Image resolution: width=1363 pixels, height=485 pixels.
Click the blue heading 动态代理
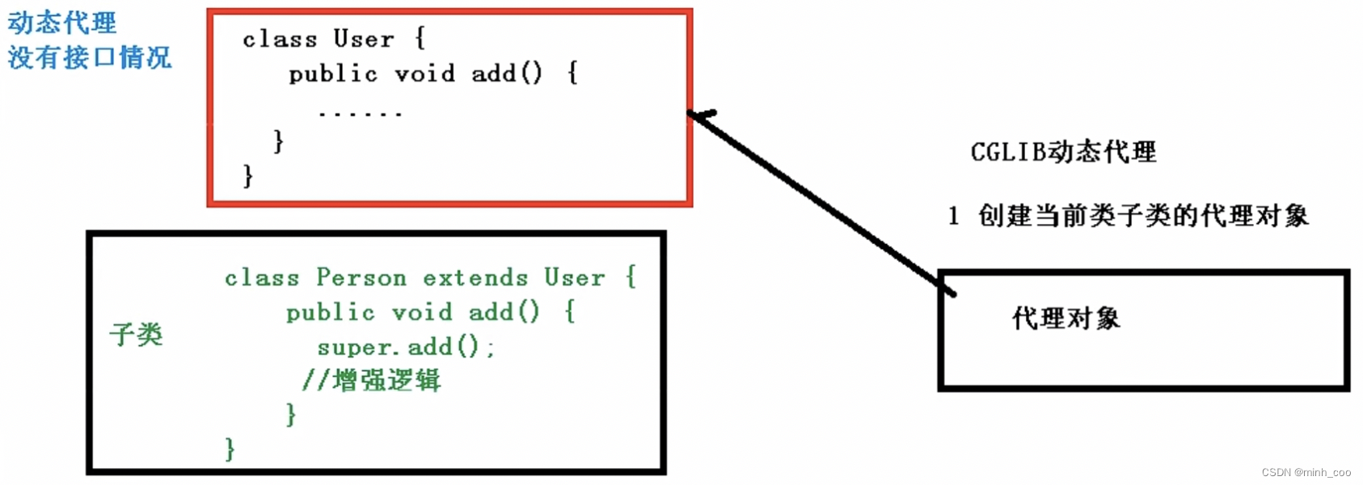[x=62, y=23]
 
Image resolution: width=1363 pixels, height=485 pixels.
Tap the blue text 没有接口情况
[x=90, y=57]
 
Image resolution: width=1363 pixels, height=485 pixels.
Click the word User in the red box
[x=364, y=39]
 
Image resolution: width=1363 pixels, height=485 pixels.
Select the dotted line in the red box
[x=360, y=114]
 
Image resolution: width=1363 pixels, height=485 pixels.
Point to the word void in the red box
[x=424, y=74]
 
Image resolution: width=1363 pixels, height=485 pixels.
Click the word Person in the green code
[x=361, y=277]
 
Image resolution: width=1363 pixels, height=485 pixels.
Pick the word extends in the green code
[x=475, y=277]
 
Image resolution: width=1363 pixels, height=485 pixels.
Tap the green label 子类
[x=137, y=334]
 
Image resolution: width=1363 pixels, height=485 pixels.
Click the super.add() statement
[x=405, y=347]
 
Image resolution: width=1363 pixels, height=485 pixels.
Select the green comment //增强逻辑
[x=372, y=380]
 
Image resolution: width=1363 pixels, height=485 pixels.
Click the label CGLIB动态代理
[x=1063, y=151]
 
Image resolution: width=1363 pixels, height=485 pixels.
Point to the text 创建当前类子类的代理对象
[x=1143, y=216]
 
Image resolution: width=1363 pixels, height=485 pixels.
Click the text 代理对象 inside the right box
[x=1066, y=318]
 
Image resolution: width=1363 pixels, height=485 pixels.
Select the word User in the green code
[x=574, y=277]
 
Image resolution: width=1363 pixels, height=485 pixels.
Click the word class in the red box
[x=280, y=39]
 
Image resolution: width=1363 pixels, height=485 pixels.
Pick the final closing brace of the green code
[x=230, y=449]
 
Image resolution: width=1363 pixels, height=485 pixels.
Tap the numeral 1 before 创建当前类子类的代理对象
[x=954, y=216]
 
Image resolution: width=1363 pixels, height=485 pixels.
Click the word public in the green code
[x=331, y=312]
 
